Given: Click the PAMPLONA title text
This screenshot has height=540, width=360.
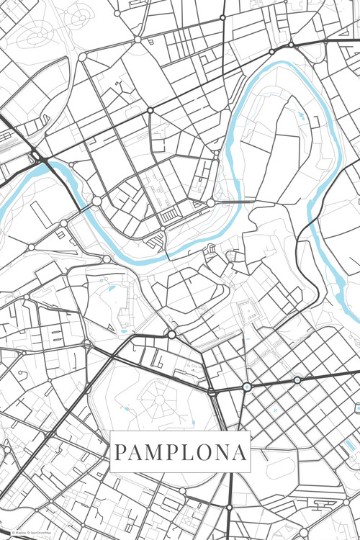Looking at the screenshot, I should click(181, 452).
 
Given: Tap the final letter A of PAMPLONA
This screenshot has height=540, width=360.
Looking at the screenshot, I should click(240, 453).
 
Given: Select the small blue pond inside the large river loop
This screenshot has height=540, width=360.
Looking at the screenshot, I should click(300, 114).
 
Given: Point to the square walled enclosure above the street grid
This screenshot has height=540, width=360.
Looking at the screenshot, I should click(248, 311).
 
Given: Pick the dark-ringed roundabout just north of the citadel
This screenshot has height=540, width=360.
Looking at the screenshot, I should click(171, 334).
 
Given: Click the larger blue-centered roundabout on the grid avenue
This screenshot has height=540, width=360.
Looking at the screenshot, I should click(247, 387).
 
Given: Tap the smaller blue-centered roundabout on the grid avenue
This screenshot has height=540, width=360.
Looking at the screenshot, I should click(297, 379).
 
